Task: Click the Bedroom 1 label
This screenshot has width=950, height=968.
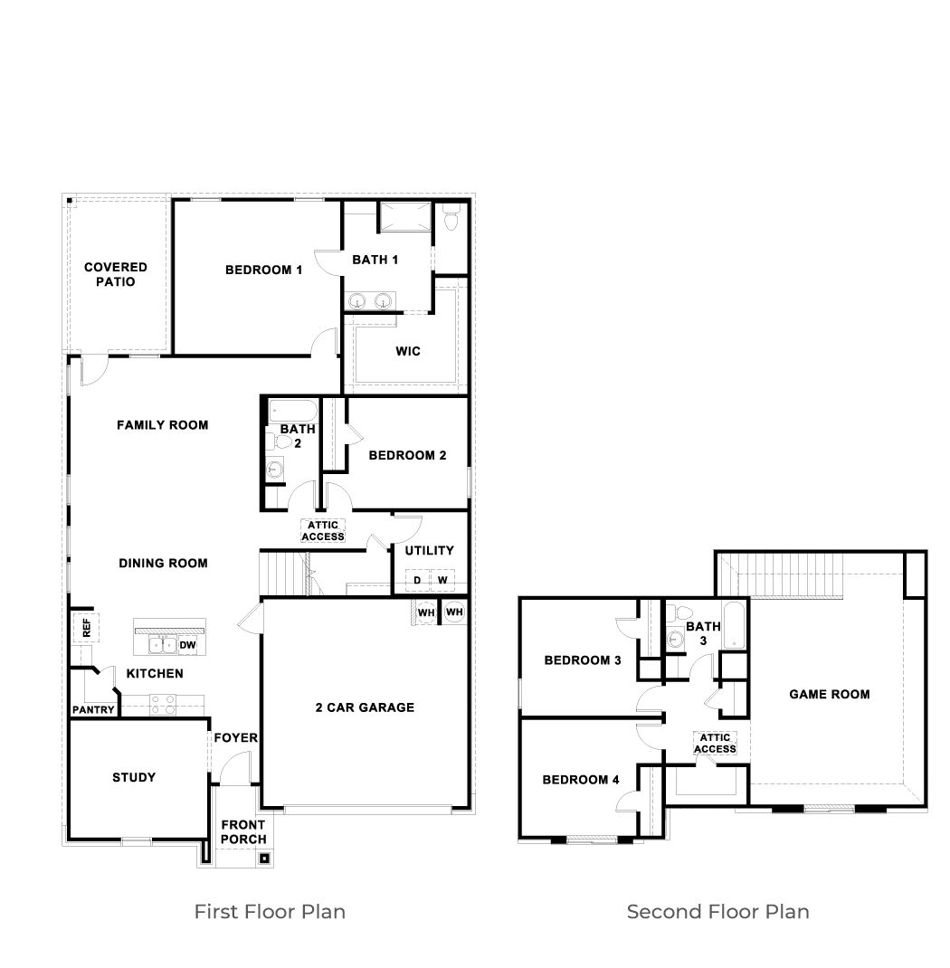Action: pos(263,270)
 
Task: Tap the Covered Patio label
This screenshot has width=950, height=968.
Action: pos(116,274)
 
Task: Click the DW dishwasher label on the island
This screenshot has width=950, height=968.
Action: pos(187,645)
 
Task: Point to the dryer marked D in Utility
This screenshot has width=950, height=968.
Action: pos(417,580)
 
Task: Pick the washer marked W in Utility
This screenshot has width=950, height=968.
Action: pos(442,580)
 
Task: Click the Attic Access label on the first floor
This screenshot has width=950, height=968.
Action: pos(323,531)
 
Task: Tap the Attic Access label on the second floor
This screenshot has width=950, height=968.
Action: pos(715,743)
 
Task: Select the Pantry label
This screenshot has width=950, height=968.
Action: pos(93,710)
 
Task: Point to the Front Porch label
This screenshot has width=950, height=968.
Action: pos(243,831)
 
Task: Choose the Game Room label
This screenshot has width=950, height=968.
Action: pos(830,695)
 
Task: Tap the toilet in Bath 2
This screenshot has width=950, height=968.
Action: pos(284,442)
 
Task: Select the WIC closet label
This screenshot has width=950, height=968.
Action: pos(408,351)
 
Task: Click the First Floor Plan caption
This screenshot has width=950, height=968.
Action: pos(270,911)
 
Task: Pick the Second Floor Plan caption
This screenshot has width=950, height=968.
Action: pos(717,911)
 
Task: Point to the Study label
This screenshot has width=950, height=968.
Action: pos(134,777)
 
